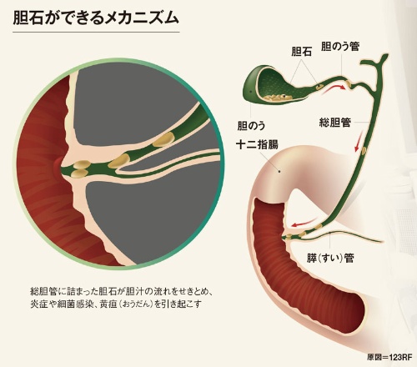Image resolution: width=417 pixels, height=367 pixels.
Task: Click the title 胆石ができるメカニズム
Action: tap(96, 18)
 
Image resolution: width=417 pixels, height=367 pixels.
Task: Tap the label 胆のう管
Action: tap(340, 47)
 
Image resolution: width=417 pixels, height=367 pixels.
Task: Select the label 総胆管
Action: tap(335, 122)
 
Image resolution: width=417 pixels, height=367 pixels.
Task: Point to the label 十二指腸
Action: tap(257, 144)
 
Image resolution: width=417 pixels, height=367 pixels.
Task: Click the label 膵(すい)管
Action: tap(330, 258)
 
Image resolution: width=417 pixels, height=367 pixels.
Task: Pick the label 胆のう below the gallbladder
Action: tap(251, 126)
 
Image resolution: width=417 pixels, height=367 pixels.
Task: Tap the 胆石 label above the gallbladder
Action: tap(301, 52)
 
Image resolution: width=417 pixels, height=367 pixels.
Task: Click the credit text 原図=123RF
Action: tap(389, 357)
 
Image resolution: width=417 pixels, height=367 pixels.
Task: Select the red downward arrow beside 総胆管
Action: tap(359, 141)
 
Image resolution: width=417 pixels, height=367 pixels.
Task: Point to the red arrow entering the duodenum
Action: tap(302, 223)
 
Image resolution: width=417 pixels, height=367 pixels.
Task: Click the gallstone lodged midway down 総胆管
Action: tap(364, 151)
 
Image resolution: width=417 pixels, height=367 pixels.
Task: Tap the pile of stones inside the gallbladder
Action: tap(278, 97)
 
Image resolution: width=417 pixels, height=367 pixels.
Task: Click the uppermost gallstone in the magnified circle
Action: tap(163, 138)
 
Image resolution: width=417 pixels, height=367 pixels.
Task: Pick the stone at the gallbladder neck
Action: tap(319, 88)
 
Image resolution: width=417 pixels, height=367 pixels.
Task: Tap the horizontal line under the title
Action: tap(96, 33)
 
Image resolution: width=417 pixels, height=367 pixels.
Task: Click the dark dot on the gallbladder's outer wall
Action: tap(250, 91)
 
